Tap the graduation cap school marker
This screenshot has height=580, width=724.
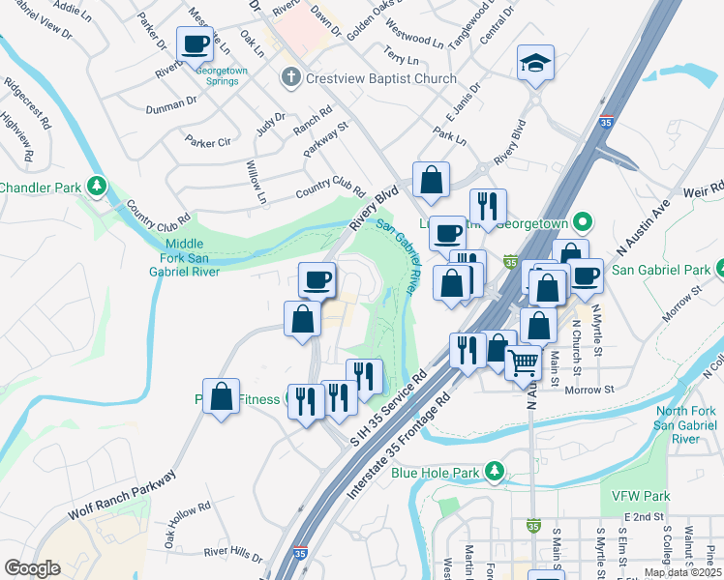pos(535,63)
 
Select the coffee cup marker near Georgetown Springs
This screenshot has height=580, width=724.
pos(195,43)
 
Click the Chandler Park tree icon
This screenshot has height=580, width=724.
pos(96,185)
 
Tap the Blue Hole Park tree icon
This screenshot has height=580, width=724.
pos(495,472)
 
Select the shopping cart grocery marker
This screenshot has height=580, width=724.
pos(524,362)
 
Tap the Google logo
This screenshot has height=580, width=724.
pos(32,568)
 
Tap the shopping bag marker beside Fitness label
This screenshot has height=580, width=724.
pos(221,396)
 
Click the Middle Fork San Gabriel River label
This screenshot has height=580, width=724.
pos(192,258)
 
